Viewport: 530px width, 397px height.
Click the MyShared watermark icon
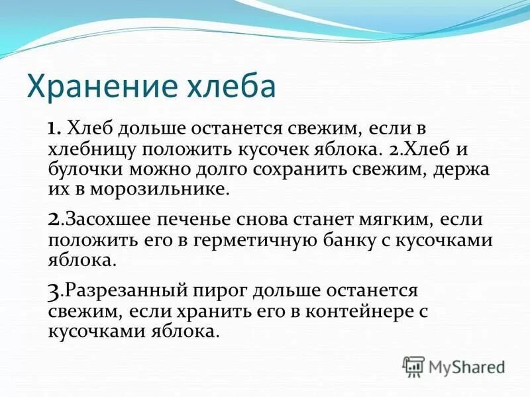click(x=413, y=365)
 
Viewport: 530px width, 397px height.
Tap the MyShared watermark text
click(x=467, y=366)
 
